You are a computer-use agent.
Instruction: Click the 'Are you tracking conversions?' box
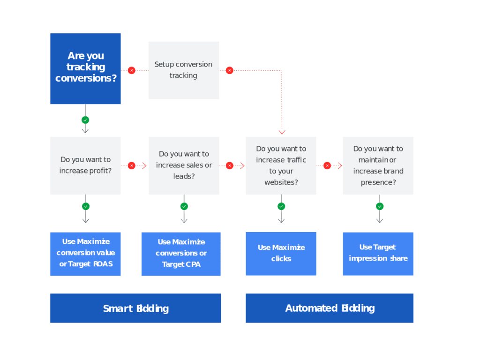85,68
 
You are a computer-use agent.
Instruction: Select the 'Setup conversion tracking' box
183,70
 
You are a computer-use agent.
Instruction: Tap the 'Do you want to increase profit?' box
85,165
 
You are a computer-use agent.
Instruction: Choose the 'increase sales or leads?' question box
184,165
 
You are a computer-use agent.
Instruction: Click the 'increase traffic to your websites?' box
281,165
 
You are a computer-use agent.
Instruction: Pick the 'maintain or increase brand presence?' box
378,165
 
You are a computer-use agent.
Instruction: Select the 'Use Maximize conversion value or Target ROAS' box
85,253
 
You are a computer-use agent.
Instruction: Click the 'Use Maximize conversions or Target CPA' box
181,254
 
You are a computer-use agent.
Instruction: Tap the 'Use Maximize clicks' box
281,253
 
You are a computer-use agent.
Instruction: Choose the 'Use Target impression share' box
378,253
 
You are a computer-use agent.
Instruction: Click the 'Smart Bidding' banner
135,308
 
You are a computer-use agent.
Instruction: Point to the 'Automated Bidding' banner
330,308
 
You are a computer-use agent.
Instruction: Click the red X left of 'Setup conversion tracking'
131,70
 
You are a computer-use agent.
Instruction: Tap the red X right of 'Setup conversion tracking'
229,70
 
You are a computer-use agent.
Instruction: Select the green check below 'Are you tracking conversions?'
85,120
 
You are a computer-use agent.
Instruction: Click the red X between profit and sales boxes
131,165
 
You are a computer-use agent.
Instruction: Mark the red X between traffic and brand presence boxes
327,165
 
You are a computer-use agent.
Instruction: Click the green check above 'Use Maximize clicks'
281,206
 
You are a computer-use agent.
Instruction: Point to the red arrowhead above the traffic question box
282,132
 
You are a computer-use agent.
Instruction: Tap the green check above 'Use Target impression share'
379,206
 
